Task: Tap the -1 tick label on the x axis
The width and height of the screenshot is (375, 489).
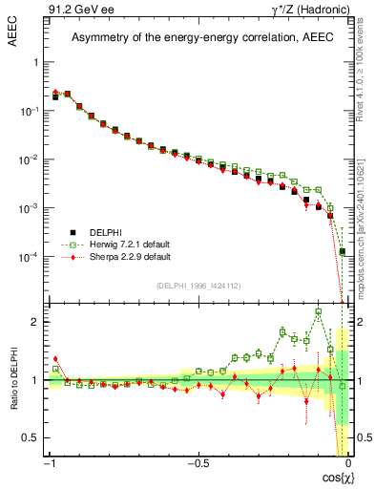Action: (x=47, y=463)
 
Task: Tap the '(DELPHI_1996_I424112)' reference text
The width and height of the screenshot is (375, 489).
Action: (x=199, y=285)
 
